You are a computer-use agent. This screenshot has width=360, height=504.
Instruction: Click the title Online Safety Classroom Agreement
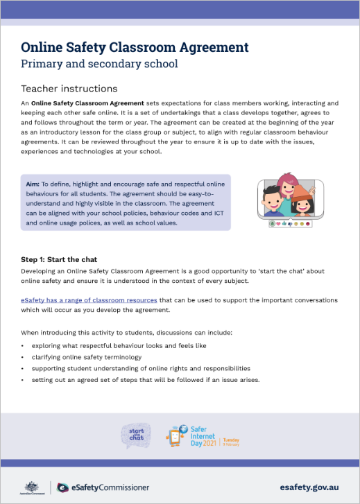(135, 47)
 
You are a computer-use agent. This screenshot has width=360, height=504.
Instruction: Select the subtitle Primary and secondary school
(99, 64)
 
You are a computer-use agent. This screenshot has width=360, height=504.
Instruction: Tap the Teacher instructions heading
(69, 89)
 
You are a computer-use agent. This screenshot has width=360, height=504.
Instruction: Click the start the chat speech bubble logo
(136, 435)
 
